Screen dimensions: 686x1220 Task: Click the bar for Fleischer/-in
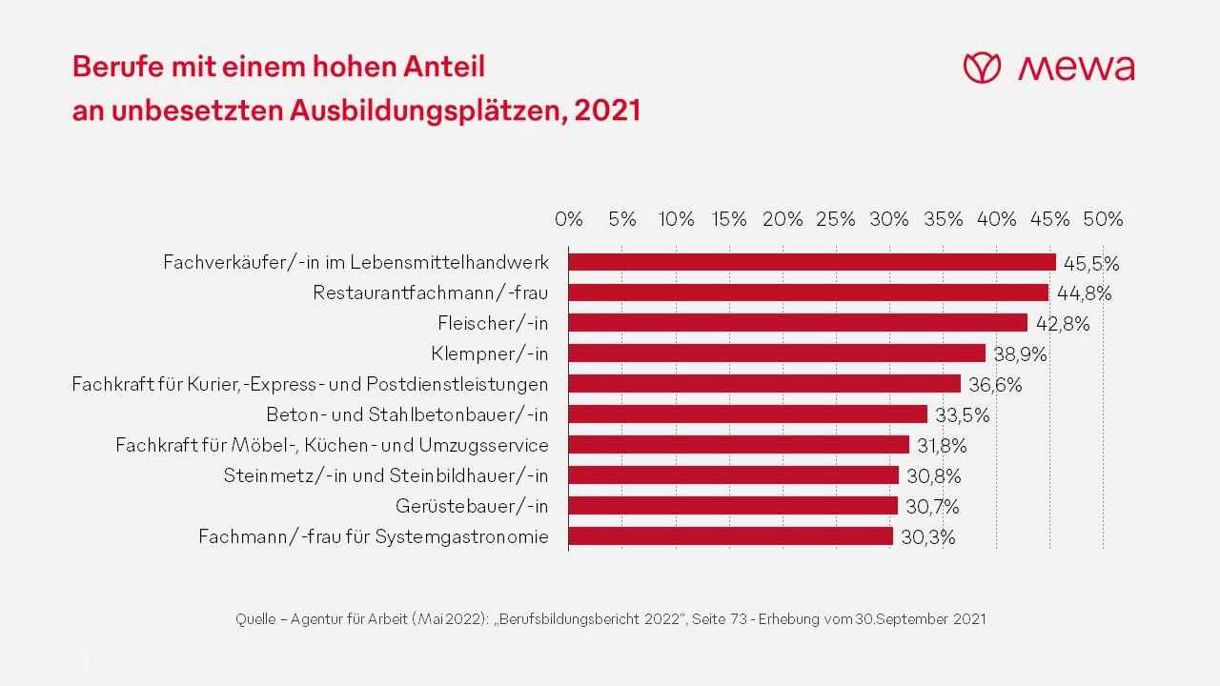[798, 323]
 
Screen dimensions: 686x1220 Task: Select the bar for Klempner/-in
[777, 353]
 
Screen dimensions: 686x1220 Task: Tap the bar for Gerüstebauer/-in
[733, 506]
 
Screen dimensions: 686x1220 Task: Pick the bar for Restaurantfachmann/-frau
[808, 293]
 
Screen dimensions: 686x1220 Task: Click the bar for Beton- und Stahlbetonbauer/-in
[748, 414]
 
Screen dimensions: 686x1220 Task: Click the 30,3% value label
[927, 537]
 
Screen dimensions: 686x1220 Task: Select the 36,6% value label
[995, 385]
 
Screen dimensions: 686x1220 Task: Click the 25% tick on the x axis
[836, 219]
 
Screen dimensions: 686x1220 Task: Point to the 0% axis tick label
[568, 219]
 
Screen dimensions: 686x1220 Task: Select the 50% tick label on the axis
[1103, 219]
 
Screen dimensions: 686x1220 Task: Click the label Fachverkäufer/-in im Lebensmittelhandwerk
[356, 262]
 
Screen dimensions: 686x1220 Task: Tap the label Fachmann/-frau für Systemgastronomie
[373, 536]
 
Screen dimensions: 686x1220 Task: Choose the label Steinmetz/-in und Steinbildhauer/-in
[386, 475]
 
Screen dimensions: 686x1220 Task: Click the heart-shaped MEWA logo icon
[981, 68]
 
